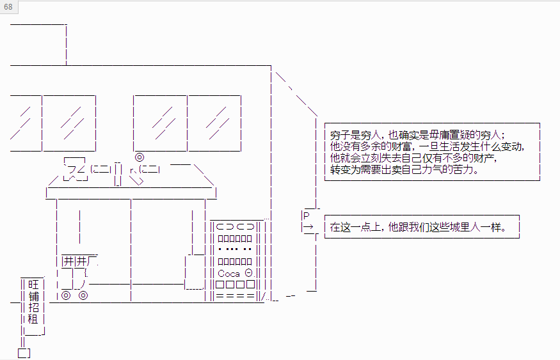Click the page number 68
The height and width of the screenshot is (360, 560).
pos(8,7)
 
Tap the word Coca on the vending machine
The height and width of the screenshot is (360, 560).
pos(228,274)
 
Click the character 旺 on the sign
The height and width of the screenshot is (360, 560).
pos(33,285)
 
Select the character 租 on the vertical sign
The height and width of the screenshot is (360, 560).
pos(33,318)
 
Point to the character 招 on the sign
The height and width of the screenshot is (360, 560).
pos(33,307)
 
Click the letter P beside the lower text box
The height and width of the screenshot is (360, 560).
pos(306,215)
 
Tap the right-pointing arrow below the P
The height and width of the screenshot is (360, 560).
pos(308,226)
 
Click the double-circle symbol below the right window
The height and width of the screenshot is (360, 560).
pos(140,157)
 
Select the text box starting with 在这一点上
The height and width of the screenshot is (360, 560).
pos(422,226)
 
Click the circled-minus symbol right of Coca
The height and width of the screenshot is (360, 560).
pos(248,273)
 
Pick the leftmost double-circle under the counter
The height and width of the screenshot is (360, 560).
pos(66,295)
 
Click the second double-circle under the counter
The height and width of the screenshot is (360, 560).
pos(83,295)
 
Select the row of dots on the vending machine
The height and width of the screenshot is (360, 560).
pos(235,249)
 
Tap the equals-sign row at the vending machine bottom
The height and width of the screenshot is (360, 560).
pos(235,296)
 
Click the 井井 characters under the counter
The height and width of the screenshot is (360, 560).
pos(75,262)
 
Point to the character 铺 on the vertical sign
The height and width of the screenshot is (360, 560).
pos(33,296)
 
